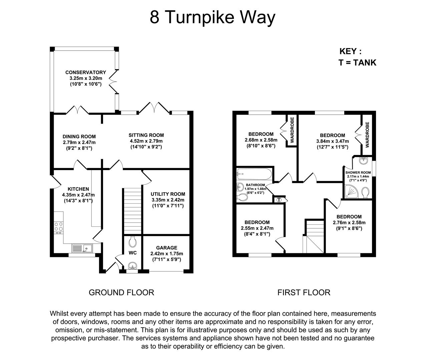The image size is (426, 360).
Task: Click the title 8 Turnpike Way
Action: point(212,17)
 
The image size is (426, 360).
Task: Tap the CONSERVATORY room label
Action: point(85,72)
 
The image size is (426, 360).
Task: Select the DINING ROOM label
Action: point(79,136)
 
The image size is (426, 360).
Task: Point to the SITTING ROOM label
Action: point(146,135)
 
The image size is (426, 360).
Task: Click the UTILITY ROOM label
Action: point(167,194)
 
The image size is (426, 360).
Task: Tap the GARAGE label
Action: point(166,248)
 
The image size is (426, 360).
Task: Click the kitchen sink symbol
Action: point(82,248)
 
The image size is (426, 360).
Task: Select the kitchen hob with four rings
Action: point(58,227)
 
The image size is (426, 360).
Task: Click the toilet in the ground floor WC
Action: point(132,241)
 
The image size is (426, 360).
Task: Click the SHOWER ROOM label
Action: point(358,172)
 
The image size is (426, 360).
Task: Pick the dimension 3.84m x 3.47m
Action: point(332,141)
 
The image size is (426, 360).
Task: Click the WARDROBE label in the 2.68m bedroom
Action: point(292,130)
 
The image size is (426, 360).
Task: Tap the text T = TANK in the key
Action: point(357,62)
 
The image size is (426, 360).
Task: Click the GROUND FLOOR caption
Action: point(121,292)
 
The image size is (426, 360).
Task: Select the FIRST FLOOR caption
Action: point(304,292)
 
